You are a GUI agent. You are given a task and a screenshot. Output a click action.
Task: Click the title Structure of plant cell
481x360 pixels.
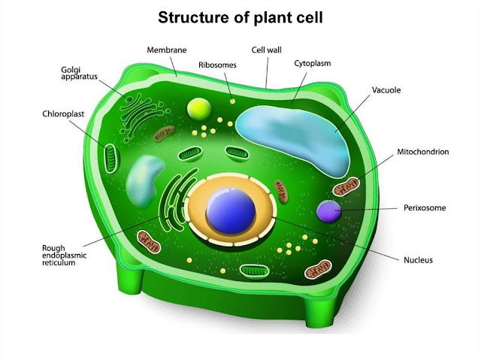coord(240,17)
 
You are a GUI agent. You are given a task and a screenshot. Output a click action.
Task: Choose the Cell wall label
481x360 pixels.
coord(266,49)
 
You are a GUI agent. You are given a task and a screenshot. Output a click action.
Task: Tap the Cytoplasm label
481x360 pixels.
coord(312,64)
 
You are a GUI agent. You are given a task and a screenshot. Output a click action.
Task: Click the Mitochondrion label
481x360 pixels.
coord(423,152)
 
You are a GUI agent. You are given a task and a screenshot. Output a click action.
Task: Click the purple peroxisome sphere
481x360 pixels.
coord(329,211)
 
